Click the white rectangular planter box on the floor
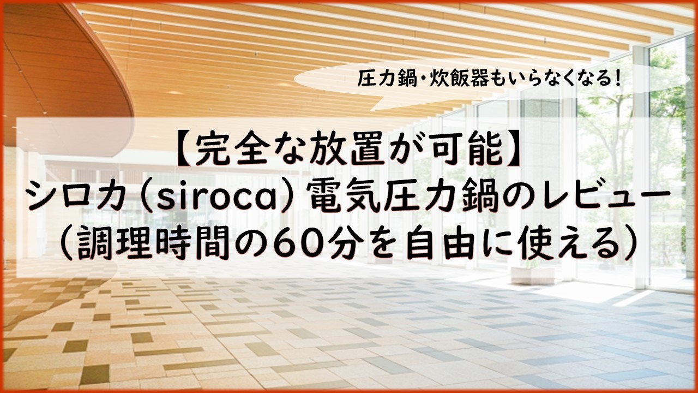[533, 276]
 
